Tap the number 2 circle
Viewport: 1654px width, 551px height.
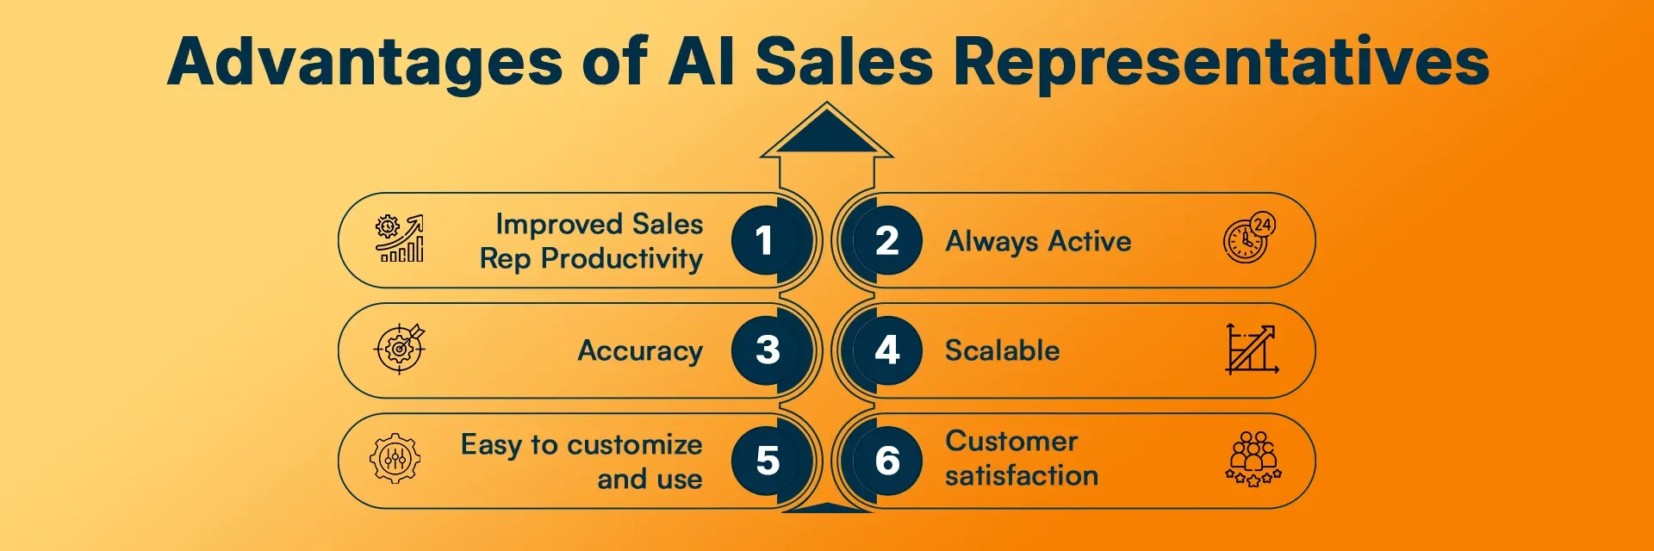(x=887, y=240)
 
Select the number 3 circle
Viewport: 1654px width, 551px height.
(x=766, y=350)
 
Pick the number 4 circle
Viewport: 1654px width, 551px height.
(x=887, y=350)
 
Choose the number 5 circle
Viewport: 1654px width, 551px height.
(x=766, y=461)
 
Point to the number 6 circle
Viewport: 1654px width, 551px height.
(x=887, y=461)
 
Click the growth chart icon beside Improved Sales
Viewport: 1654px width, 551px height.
(x=400, y=238)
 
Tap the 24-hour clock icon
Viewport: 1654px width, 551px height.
(x=1249, y=238)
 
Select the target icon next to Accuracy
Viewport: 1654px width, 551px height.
(x=400, y=348)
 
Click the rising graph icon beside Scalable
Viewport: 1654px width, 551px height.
(x=1252, y=349)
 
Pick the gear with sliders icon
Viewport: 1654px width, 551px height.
(x=395, y=458)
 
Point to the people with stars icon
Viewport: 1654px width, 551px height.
(x=1253, y=459)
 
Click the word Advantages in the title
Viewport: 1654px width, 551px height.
(x=365, y=62)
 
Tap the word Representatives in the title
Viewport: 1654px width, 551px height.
(x=1221, y=62)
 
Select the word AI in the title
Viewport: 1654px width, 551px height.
(x=701, y=62)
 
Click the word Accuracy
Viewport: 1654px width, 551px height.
(x=640, y=351)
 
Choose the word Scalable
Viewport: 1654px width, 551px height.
(x=1002, y=350)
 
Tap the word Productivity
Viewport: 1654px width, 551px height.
(x=622, y=258)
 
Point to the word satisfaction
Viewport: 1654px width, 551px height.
(x=1021, y=475)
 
